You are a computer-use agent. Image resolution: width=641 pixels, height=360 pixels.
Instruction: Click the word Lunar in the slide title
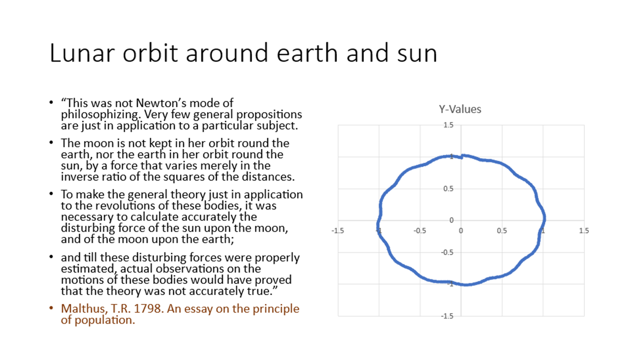click(x=82, y=52)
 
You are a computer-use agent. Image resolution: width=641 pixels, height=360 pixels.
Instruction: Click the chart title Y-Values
click(x=460, y=109)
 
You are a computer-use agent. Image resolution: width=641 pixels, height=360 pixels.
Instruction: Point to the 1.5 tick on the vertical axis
click(x=448, y=125)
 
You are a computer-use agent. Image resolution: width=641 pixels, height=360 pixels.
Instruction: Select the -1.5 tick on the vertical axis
click(x=447, y=316)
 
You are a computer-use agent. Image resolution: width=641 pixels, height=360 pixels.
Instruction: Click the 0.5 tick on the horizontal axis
click(x=502, y=231)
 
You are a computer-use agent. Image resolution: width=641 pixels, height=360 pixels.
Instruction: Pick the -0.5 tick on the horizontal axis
click(x=420, y=231)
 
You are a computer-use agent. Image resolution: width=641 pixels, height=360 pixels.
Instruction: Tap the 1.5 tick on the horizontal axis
click(x=584, y=231)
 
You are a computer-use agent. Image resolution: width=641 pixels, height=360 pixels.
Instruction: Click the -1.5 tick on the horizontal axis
click(x=337, y=231)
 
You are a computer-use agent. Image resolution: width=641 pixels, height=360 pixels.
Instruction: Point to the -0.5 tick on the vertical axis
click(x=447, y=252)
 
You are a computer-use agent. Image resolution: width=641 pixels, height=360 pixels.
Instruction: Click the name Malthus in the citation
click(x=84, y=309)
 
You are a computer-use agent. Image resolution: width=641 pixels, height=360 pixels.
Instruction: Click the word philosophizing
click(x=101, y=115)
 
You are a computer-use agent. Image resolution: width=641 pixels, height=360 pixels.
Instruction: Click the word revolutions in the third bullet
click(x=125, y=206)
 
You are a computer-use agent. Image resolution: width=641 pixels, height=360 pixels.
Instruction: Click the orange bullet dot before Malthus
click(x=51, y=308)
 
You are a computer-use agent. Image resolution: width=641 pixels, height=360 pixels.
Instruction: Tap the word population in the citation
click(x=105, y=321)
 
